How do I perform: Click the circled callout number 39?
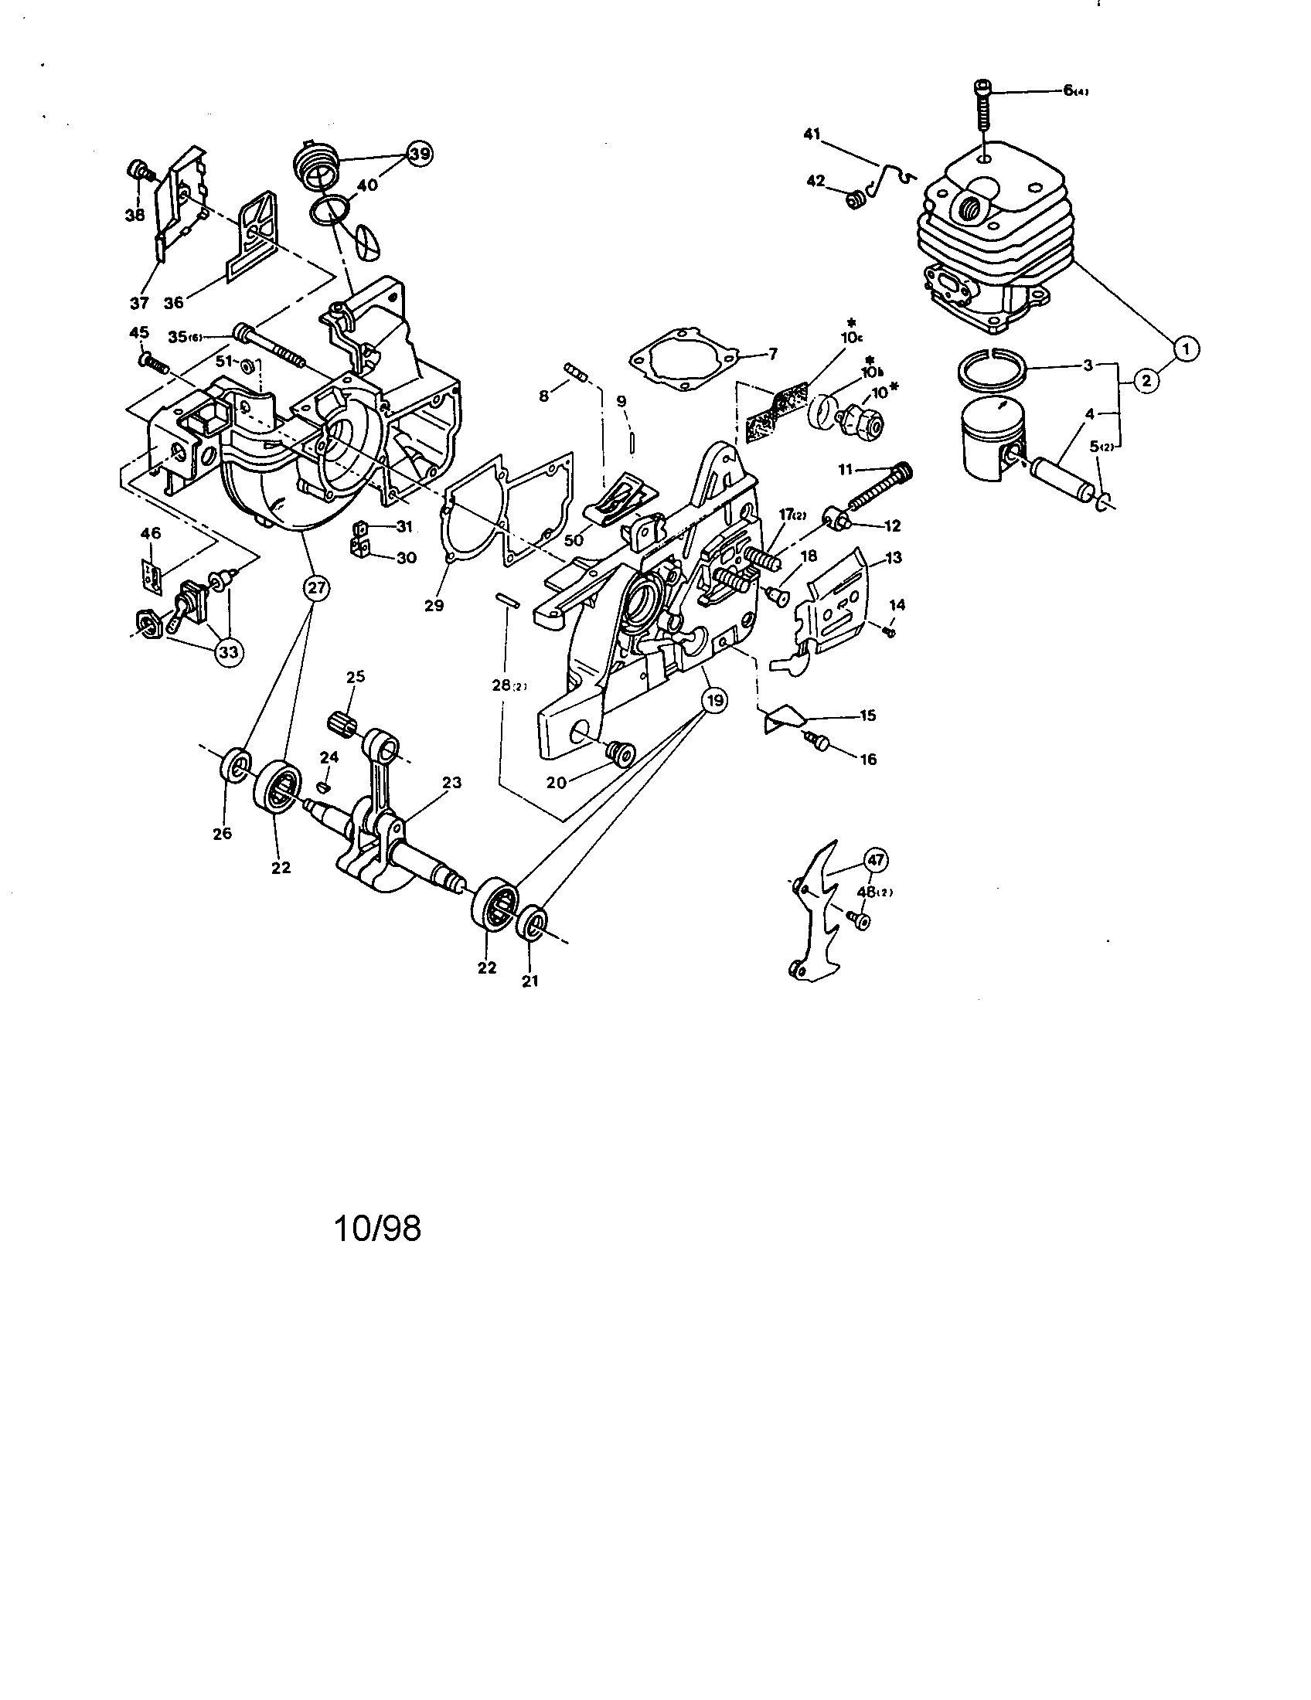(x=420, y=154)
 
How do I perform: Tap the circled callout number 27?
(x=315, y=588)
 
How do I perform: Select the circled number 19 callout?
(x=714, y=701)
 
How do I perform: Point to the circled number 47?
(x=876, y=860)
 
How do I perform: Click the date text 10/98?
(x=377, y=1229)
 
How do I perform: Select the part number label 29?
(x=434, y=605)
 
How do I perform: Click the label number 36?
(x=173, y=302)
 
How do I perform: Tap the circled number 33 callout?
(x=227, y=651)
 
